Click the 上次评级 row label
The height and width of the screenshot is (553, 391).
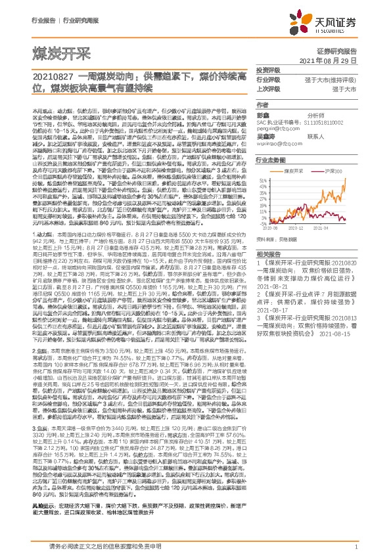click(x=268, y=89)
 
